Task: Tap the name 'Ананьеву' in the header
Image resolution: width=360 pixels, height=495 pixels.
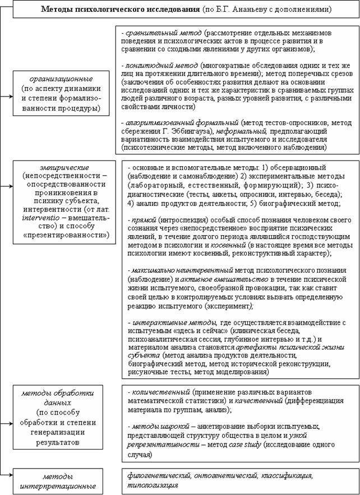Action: pyautogui.click(x=260, y=10)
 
